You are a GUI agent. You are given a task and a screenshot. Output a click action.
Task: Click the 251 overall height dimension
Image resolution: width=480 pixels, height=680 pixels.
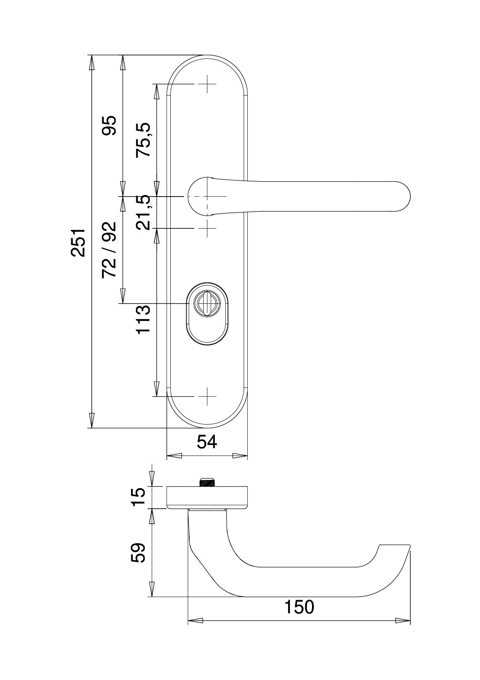pyautogui.click(x=78, y=242)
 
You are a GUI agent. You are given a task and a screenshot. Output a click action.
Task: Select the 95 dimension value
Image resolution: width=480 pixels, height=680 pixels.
pyautogui.click(x=109, y=125)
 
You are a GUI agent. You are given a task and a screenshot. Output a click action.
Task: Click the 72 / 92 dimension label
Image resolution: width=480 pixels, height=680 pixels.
pyautogui.click(x=109, y=250)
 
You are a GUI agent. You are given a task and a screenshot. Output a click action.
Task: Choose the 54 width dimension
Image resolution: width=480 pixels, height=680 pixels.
pyautogui.click(x=207, y=442)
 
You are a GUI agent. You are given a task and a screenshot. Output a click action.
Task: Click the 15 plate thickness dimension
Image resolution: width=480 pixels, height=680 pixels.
pyautogui.click(x=138, y=497)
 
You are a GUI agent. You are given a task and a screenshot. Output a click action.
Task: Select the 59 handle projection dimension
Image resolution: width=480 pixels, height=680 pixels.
pyautogui.click(x=138, y=552)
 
